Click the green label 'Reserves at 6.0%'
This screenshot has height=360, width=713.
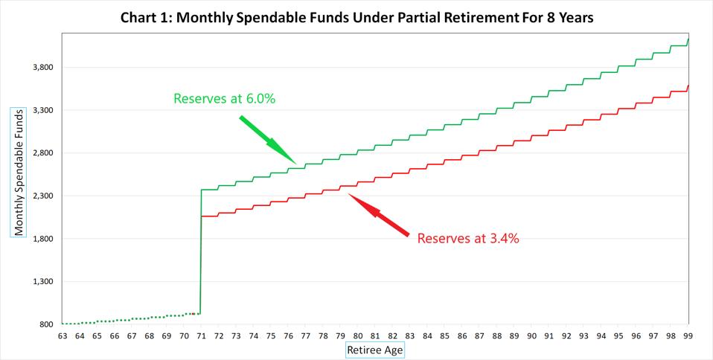pyautogui.click(x=224, y=98)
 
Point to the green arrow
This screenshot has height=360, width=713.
pyautogui.click(x=267, y=139)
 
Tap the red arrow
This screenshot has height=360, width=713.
pyautogui.click(x=379, y=216)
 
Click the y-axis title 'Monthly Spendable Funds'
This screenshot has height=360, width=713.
pyautogui.click(x=19, y=172)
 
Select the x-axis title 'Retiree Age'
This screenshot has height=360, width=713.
pyautogui.click(x=376, y=348)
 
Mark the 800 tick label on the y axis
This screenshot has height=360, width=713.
pyautogui.click(x=46, y=325)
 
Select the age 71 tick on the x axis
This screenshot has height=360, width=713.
pyautogui.click(x=201, y=336)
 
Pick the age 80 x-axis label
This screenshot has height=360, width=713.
pyautogui.click(x=358, y=336)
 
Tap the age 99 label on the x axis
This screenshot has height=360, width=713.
pyautogui.click(x=689, y=336)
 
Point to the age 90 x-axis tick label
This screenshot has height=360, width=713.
pyautogui.click(x=532, y=336)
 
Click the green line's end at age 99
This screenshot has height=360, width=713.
pyautogui.click(x=688, y=39)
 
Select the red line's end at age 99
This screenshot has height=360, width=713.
pyautogui.click(x=688, y=86)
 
